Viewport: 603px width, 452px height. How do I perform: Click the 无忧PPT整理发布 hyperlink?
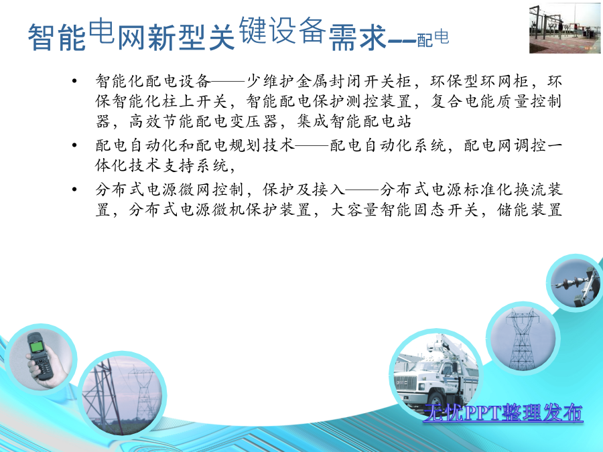503,413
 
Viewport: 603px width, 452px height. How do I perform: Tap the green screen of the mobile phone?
37,347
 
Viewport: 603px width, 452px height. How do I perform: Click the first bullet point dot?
74,81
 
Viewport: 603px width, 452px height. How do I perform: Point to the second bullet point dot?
74,145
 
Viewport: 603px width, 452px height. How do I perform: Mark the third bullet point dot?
74,189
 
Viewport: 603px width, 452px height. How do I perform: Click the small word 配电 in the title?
433,38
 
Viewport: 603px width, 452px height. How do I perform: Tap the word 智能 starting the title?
56,37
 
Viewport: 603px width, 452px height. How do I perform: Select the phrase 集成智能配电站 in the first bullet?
354,121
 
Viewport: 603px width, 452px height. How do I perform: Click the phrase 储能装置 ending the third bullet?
529,210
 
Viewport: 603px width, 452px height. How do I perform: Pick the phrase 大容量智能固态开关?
404,210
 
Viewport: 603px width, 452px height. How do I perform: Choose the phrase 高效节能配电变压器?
204,121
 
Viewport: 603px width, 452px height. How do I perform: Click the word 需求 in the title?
357,37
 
